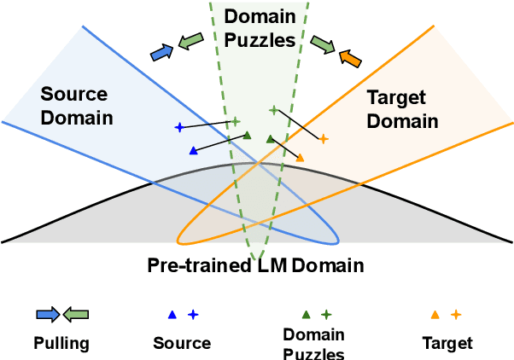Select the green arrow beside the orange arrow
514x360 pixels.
click(x=322, y=43)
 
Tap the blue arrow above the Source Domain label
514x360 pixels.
click(x=161, y=53)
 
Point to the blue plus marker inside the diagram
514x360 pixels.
click(x=179, y=127)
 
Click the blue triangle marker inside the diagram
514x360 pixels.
click(x=193, y=151)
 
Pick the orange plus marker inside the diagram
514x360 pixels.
click(x=323, y=138)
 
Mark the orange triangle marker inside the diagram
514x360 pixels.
click(x=300, y=157)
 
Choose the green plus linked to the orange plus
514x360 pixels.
click(x=273, y=110)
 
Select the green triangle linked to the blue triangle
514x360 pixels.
click(x=247, y=135)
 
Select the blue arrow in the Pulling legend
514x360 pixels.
click(x=47, y=314)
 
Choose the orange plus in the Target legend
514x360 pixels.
click(x=456, y=314)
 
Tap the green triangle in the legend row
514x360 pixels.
click(x=305, y=315)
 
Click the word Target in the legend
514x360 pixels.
click(x=447, y=343)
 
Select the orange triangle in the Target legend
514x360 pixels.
click(x=435, y=315)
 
